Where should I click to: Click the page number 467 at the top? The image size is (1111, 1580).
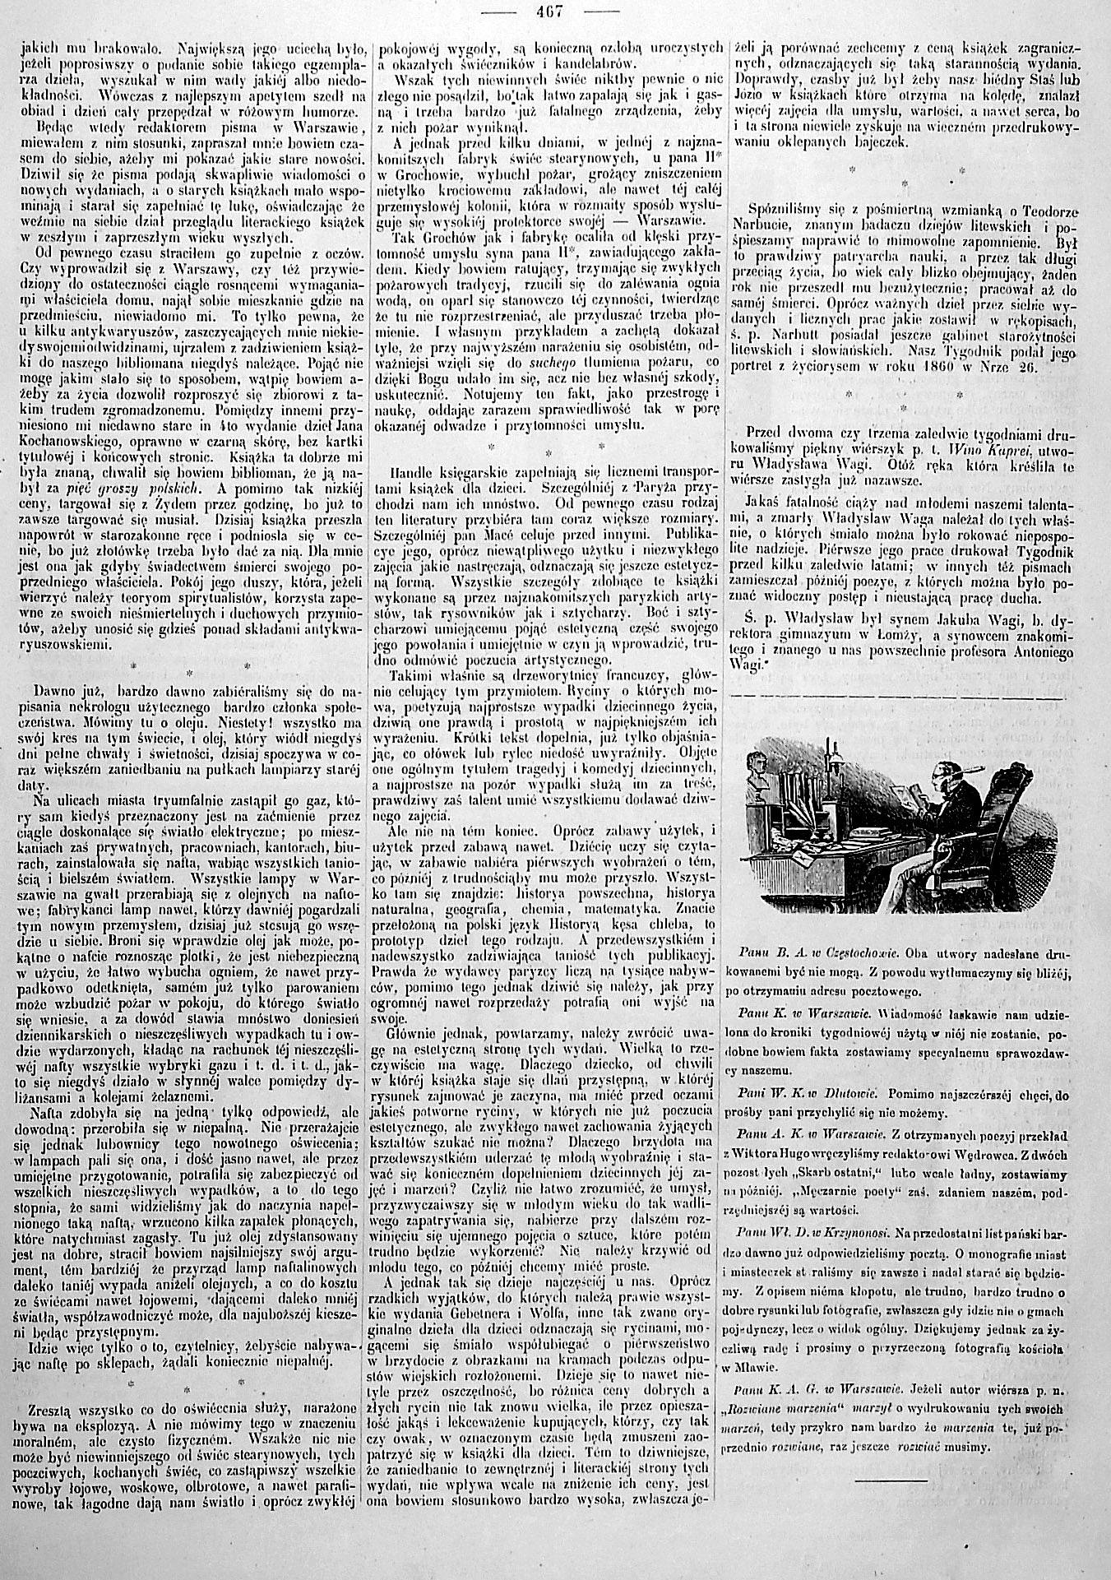coord(554,12)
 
